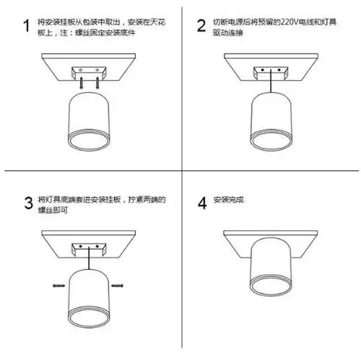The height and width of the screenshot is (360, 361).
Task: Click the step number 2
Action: pyautogui.click(x=201, y=27)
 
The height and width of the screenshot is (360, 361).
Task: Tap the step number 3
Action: pyautogui.click(x=27, y=201)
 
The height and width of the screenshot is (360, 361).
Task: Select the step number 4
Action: pyautogui.click(x=201, y=201)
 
